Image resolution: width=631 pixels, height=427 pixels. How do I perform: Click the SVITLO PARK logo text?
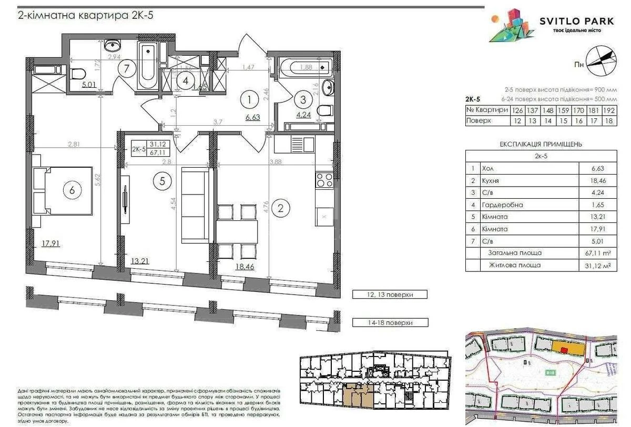[x=577, y=21]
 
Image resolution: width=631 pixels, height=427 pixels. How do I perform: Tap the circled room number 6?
[x=72, y=191]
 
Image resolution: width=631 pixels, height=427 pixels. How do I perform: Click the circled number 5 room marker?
[x=162, y=181]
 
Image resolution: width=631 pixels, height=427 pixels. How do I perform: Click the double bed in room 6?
[x=61, y=191]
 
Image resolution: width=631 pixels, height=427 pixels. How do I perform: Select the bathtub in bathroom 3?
[x=306, y=67]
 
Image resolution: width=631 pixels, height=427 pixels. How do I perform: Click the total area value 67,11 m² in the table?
[x=598, y=253]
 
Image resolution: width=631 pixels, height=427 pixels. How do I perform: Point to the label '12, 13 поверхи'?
[x=390, y=295]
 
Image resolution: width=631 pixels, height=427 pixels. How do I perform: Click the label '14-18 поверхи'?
[x=390, y=322]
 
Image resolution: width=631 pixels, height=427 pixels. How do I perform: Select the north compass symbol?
[x=600, y=57]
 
